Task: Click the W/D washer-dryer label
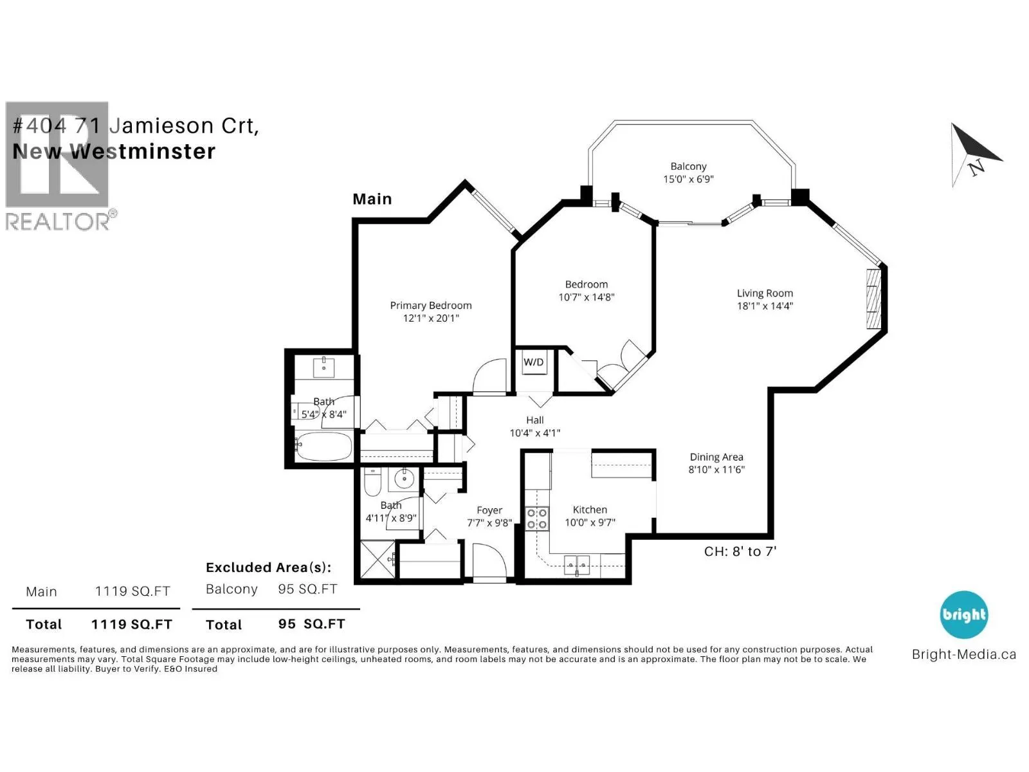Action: (x=534, y=362)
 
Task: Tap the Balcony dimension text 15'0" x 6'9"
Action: (x=688, y=179)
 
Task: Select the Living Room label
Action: (x=765, y=293)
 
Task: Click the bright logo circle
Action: (x=964, y=614)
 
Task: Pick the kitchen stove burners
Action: (x=537, y=519)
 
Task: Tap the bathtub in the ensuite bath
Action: (x=323, y=446)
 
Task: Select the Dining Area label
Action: (x=716, y=457)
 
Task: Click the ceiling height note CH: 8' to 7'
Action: (x=740, y=551)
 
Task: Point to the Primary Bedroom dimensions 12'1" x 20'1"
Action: (x=430, y=318)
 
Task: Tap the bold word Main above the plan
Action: (x=372, y=199)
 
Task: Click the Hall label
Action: (x=534, y=420)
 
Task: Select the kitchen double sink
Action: (x=577, y=564)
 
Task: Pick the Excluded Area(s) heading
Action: (x=269, y=567)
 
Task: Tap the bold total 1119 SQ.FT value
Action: (x=132, y=624)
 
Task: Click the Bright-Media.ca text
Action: (x=964, y=654)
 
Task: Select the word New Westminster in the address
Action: (x=114, y=151)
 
